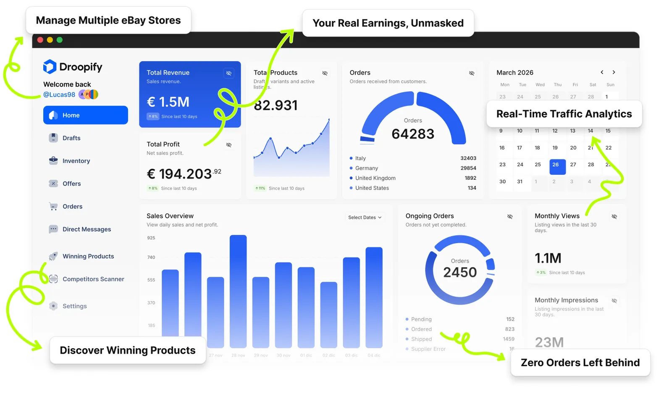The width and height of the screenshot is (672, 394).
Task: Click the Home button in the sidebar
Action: pyautogui.click(x=85, y=115)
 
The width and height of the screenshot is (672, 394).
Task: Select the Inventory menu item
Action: pyautogui.click(x=76, y=161)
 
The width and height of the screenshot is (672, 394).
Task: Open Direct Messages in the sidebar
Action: pyautogui.click(x=86, y=229)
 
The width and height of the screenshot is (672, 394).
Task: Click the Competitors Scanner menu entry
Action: pyautogui.click(x=93, y=279)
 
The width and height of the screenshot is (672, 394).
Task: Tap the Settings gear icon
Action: pyautogui.click(x=53, y=306)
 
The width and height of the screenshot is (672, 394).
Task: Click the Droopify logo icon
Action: pyautogui.click(x=50, y=67)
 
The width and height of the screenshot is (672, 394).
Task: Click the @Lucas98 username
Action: pyautogui.click(x=59, y=95)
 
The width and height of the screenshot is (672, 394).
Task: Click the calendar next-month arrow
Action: pyautogui.click(x=614, y=72)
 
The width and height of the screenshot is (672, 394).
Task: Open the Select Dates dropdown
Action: pyautogui.click(x=365, y=218)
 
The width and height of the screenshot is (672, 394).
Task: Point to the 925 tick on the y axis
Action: pyautogui.click(x=151, y=238)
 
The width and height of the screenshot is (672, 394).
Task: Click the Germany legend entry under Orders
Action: pyautogui.click(x=366, y=168)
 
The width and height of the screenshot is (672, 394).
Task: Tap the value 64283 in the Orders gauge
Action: pyautogui.click(x=412, y=134)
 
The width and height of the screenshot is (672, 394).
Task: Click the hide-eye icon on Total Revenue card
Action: pyautogui.click(x=229, y=73)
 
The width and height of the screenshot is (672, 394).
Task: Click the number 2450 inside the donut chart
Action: pyautogui.click(x=460, y=273)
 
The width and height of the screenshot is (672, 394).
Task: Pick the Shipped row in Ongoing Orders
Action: pyautogui.click(x=421, y=339)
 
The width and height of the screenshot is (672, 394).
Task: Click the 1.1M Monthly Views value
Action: pyautogui.click(x=548, y=258)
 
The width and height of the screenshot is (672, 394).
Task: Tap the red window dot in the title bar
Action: pyautogui.click(x=40, y=40)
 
